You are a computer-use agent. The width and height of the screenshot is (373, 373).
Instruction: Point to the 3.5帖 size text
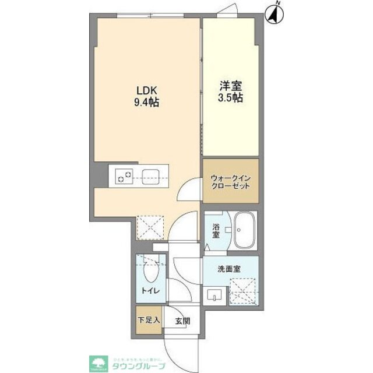231,98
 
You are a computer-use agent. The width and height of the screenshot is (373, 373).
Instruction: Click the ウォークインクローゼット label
230,181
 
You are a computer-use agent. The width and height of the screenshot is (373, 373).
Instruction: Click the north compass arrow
275,13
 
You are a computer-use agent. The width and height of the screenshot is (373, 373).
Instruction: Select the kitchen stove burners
124,175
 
